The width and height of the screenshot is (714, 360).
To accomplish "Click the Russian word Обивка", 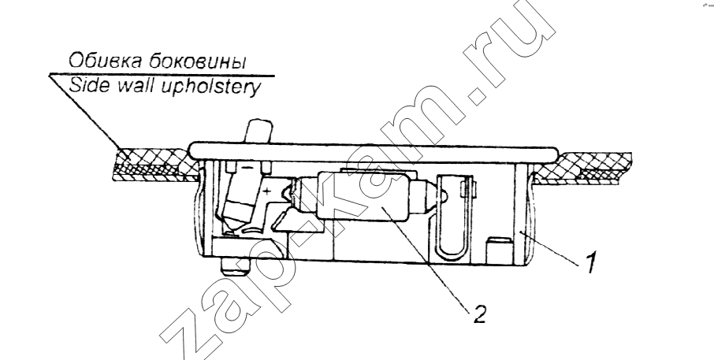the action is coord(104,61).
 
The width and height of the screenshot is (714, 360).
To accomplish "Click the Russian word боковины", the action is coord(195,61).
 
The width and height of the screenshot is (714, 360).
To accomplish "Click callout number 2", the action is coord(479,314).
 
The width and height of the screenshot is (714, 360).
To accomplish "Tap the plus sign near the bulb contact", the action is coord(267,191).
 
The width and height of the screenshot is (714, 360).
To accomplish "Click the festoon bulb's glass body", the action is coord(365,196).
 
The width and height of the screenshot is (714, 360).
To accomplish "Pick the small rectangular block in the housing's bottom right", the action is coord(498,250).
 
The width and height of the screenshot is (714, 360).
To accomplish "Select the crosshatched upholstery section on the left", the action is coord(154,165).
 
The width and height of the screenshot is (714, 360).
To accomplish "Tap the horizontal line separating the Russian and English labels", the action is coord(162,75).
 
